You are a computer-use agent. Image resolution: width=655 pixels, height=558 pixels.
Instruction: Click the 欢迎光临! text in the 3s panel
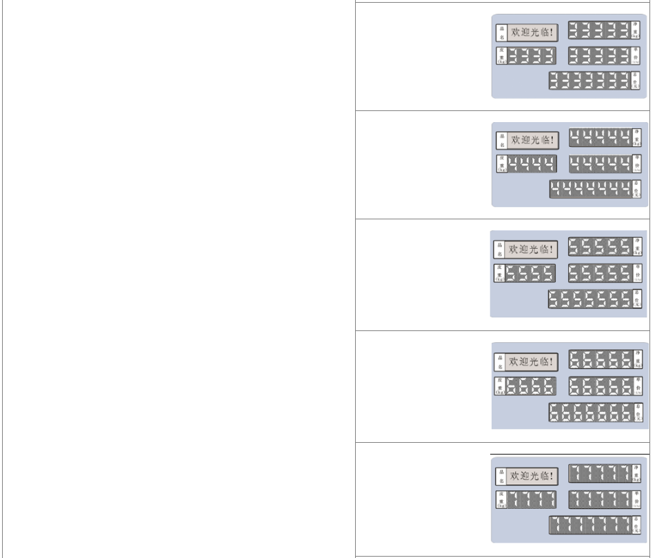[532, 32]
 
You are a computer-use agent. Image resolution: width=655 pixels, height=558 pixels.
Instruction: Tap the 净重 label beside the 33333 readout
[636, 29]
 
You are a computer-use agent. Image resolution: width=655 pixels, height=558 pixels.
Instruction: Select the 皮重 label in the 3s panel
[501, 55]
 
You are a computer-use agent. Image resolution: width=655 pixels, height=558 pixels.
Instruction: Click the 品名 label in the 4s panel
[501, 141]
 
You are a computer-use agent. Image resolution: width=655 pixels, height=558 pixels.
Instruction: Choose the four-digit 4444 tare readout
[532, 164]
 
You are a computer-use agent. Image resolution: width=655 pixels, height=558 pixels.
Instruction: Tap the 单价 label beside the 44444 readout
[636, 163]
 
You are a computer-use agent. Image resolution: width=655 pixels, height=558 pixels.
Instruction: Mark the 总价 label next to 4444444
[636, 189]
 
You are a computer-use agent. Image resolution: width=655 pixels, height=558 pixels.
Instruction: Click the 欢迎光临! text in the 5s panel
[531, 249]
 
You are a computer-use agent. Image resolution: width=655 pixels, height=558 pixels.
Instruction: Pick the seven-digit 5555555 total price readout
[589, 299]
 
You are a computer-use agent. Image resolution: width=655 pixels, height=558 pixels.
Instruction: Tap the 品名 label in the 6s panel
[501, 361]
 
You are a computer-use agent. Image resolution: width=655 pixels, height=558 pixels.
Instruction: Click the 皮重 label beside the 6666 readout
[501, 386]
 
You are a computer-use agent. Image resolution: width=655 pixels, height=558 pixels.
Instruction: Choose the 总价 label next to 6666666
[637, 412]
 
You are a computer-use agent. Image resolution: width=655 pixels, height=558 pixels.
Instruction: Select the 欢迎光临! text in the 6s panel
[532, 361]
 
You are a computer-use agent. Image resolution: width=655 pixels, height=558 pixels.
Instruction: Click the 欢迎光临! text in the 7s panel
[532, 475]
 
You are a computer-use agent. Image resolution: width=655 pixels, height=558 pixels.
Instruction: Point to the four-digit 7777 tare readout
[532, 499]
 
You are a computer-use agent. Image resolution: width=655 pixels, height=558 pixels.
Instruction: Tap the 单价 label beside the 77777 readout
[636, 499]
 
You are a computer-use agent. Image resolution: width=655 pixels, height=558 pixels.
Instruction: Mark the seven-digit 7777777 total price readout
[589, 525]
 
